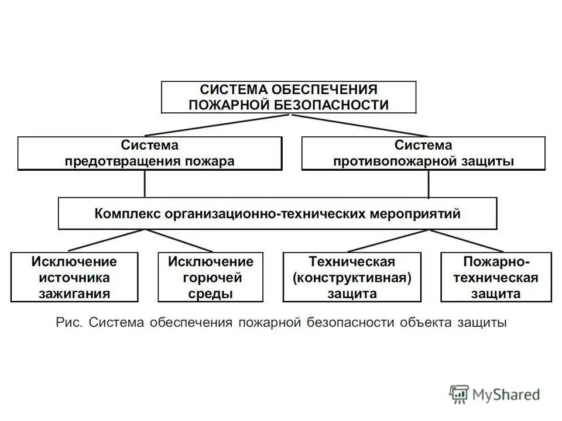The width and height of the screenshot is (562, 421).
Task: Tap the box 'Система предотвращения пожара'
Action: coord(149,153)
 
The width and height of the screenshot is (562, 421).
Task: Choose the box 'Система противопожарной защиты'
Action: coord(423,153)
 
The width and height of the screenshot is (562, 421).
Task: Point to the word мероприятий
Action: coord(416,213)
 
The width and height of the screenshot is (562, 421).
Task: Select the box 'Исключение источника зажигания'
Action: coord(74,277)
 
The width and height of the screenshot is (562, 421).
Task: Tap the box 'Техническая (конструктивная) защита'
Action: coord(352,277)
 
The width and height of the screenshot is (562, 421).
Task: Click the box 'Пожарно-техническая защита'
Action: coord(496,277)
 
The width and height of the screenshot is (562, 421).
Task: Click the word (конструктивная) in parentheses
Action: coord(352,277)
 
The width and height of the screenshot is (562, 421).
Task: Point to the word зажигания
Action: coord(74,293)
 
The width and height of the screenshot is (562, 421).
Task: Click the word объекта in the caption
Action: coord(423,322)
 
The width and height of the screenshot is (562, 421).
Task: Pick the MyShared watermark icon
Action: coord(460,394)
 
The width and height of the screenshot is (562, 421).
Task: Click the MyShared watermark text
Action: coord(506,395)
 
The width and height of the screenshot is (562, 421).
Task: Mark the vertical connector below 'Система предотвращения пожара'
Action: coord(145,184)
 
